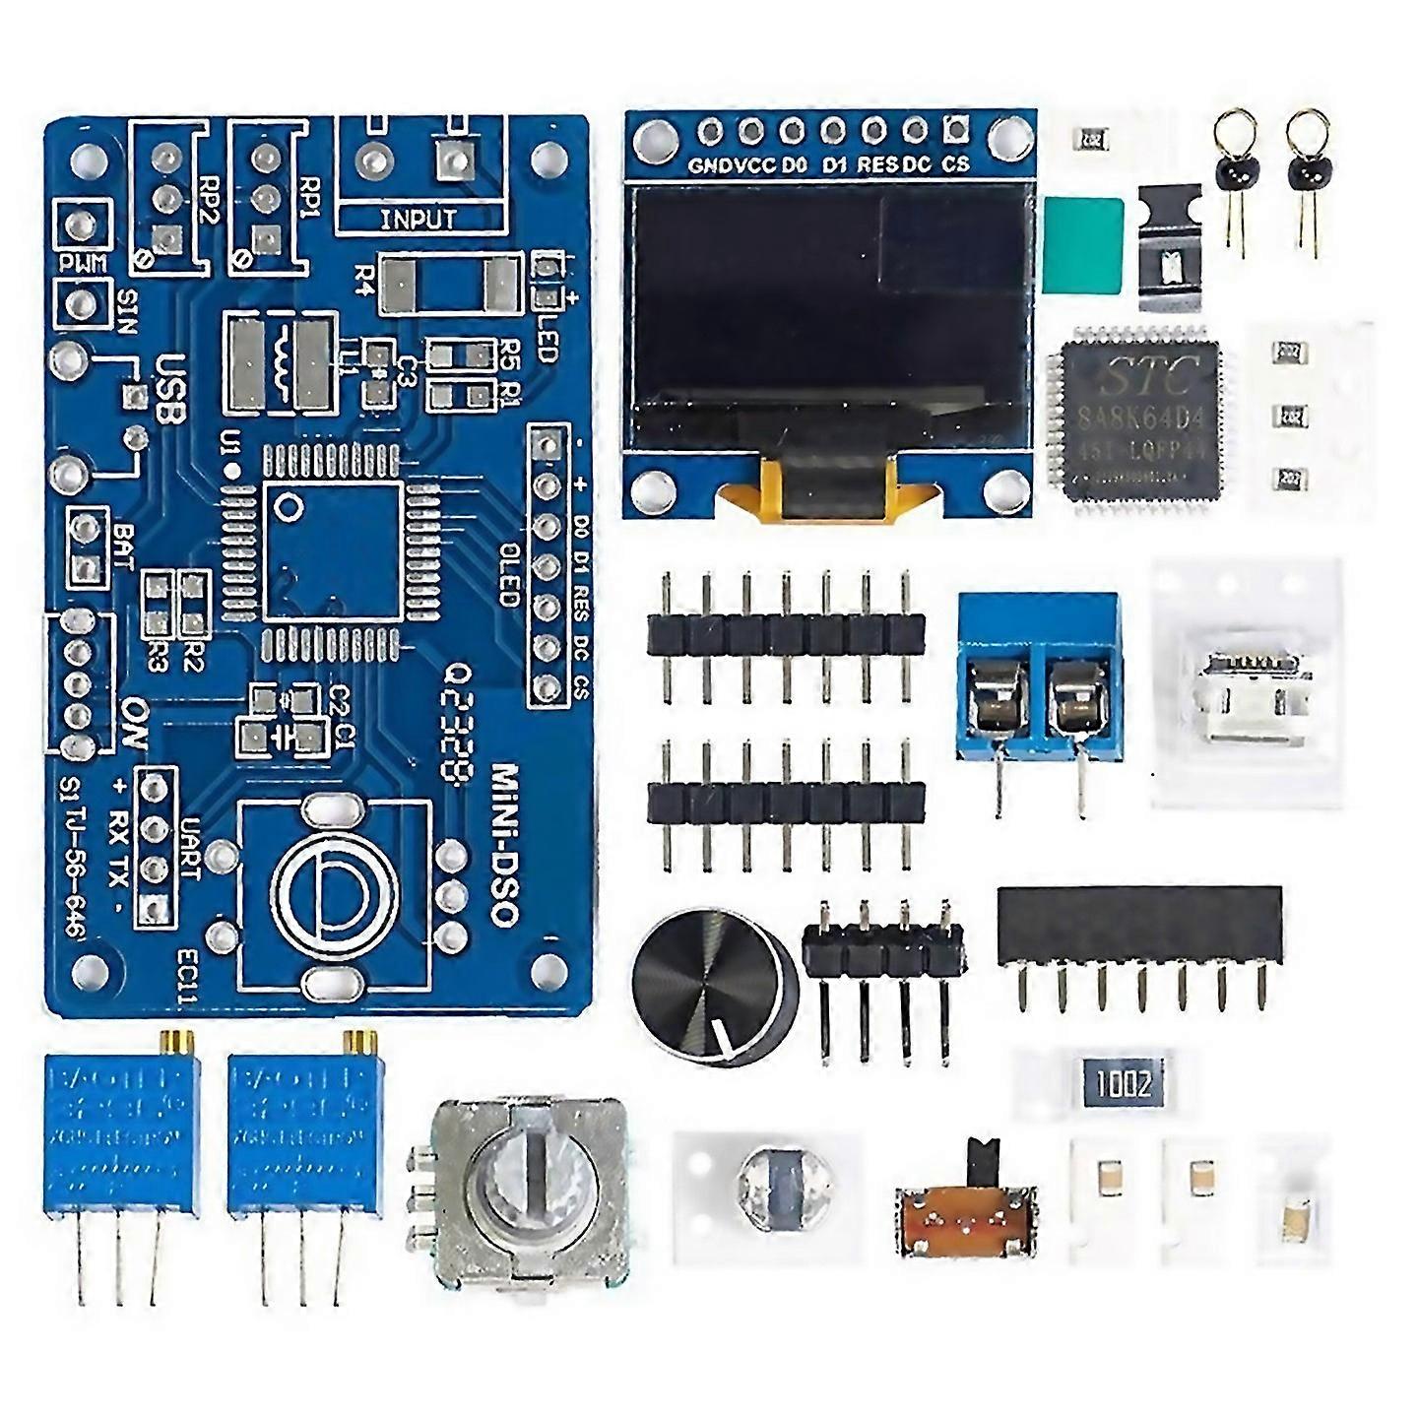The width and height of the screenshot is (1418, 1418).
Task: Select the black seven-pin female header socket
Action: tap(1140, 926)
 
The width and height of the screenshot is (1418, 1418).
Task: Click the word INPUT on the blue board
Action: tap(418, 219)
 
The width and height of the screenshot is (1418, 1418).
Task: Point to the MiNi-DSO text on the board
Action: tap(504, 843)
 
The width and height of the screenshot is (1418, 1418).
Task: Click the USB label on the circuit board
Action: tap(169, 388)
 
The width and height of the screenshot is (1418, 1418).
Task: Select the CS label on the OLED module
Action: tap(955, 165)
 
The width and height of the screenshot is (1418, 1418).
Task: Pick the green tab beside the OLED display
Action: tap(1083, 246)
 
